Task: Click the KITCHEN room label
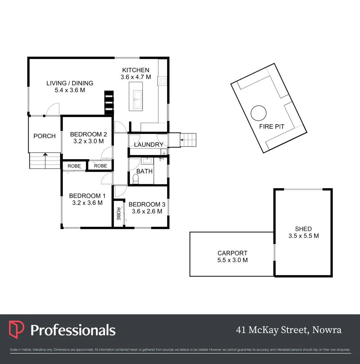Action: (x=135, y=70)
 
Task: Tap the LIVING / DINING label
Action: (x=70, y=83)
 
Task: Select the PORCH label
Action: (x=44, y=136)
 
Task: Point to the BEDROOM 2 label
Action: (x=88, y=134)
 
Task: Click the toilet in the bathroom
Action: (x=136, y=179)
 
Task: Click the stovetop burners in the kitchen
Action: (x=162, y=81)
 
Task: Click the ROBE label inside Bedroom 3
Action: (x=118, y=214)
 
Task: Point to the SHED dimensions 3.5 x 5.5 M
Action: (x=303, y=236)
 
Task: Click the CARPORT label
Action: (x=232, y=253)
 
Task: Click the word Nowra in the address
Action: (x=327, y=330)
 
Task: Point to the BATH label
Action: (x=144, y=171)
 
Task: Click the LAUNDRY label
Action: (x=149, y=145)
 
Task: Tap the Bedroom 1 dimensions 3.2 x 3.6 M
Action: (x=87, y=203)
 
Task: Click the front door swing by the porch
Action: (x=53, y=110)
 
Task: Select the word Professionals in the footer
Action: (x=73, y=330)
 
